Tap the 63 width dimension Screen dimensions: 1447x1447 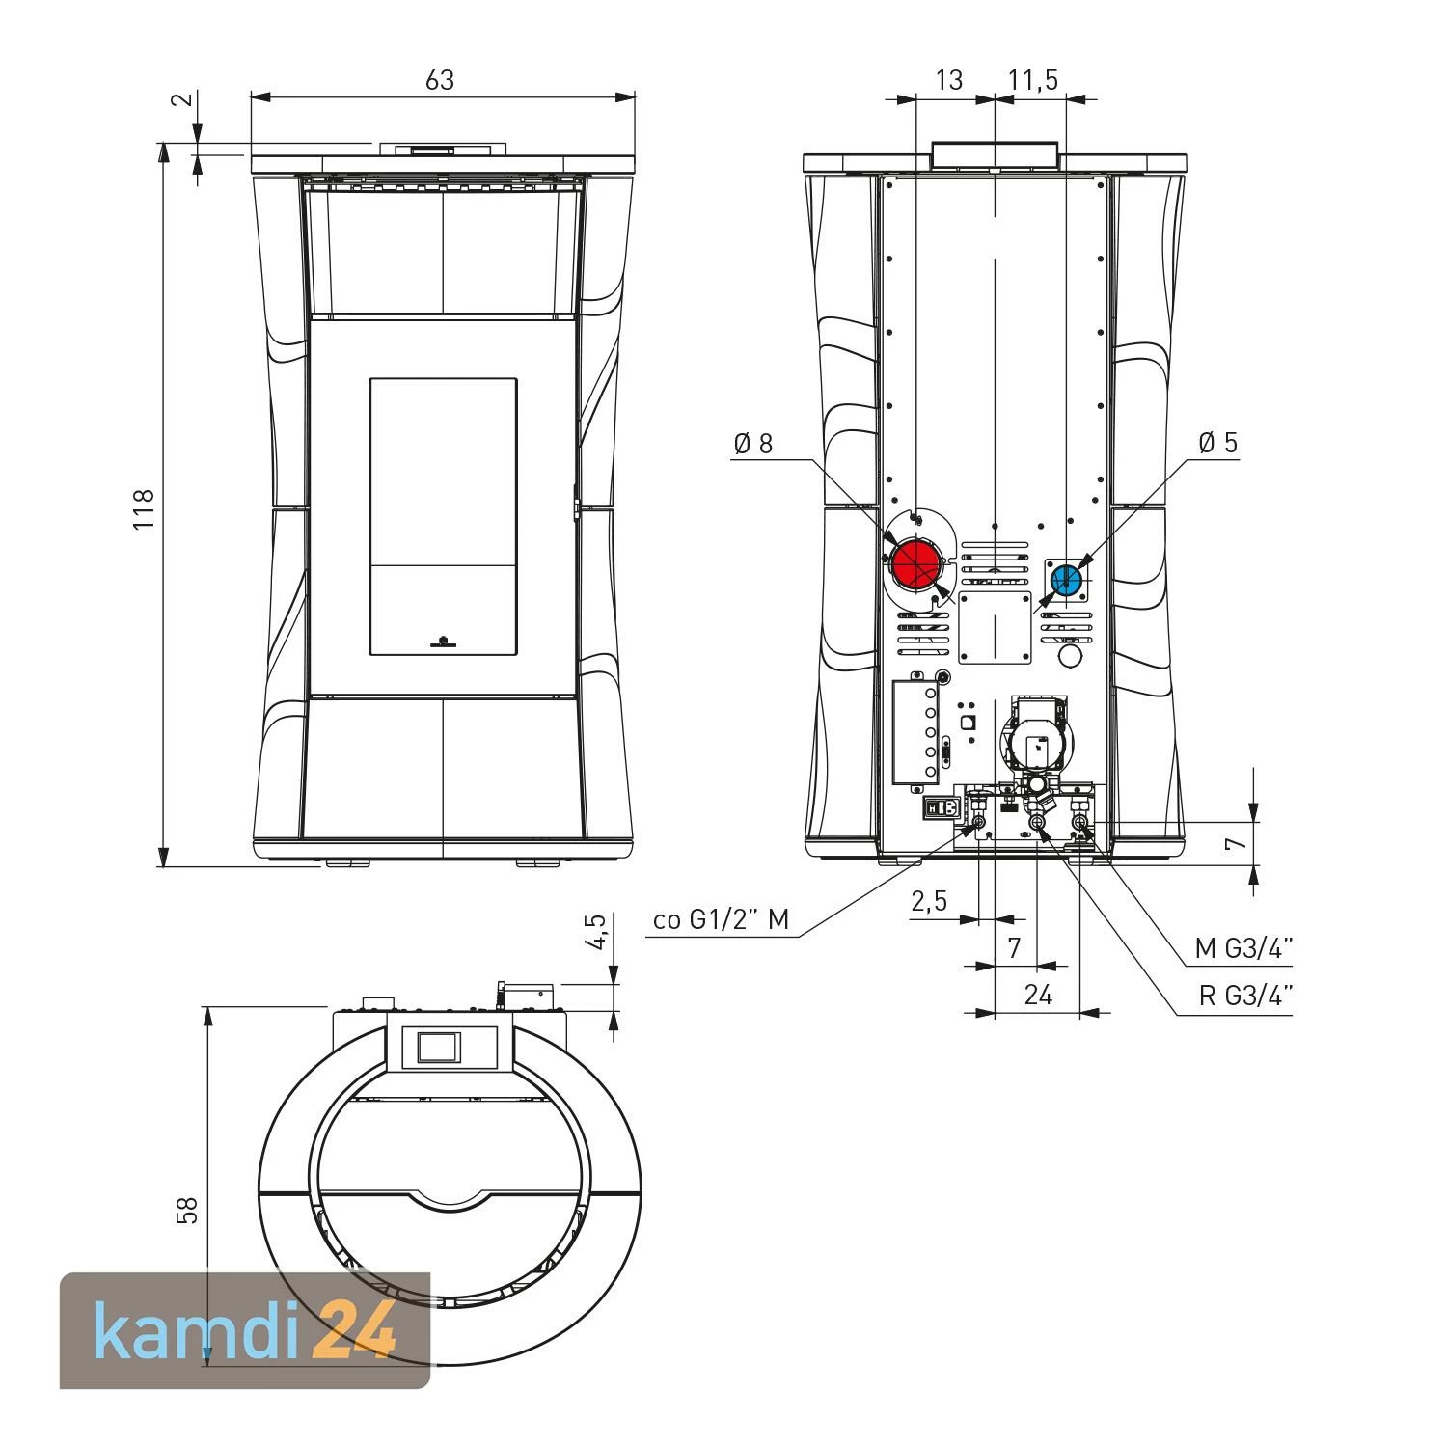[440, 79]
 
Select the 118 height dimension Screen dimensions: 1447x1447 [144, 509]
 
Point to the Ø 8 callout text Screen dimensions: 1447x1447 [753, 444]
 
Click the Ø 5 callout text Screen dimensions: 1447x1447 [1217, 443]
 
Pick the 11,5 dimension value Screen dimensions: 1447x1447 [1033, 80]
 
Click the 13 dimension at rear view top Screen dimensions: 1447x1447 [949, 79]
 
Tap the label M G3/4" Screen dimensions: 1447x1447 [1243, 949]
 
